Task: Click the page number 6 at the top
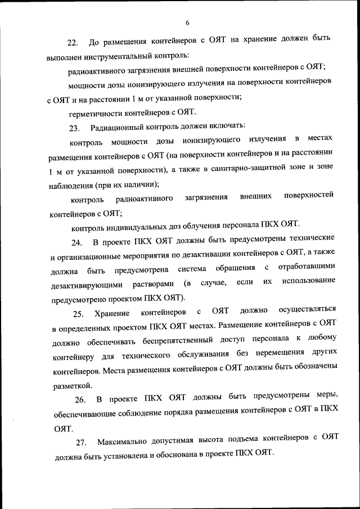tap(187, 22)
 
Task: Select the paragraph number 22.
tap(72, 43)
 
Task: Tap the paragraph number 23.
tap(74, 127)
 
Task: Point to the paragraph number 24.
tap(76, 243)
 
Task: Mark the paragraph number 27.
tap(81, 443)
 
